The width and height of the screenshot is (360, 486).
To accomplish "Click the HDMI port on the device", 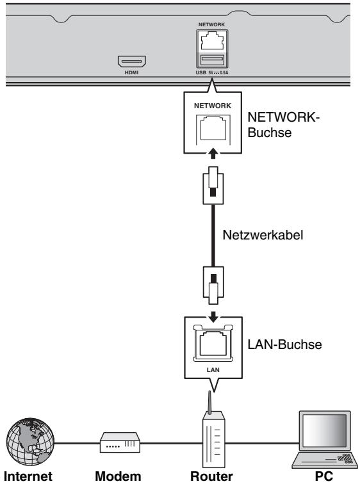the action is (131, 61).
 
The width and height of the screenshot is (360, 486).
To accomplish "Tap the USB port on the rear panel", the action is (213, 60).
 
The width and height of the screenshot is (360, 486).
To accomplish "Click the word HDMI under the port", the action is (131, 72).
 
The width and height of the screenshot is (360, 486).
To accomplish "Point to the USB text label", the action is (201, 72).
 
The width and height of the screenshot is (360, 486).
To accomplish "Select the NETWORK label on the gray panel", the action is (212, 24).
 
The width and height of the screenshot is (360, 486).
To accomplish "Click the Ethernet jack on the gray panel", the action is (213, 41).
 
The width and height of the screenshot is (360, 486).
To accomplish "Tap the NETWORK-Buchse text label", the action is (283, 125).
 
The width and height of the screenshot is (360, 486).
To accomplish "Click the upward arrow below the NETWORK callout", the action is (213, 154).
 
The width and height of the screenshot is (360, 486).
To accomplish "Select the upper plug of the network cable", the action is (213, 185).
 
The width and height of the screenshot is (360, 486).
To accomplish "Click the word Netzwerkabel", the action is (263, 235).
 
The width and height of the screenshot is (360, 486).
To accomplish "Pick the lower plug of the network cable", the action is (213, 285).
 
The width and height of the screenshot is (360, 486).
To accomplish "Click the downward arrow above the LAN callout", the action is (213, 317).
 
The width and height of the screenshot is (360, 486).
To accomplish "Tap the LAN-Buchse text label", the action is (284, 344).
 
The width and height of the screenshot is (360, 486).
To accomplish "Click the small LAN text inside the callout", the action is (213, 369).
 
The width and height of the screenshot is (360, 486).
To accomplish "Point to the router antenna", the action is (209, 402).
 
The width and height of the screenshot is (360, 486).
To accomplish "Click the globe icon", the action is (30, 442).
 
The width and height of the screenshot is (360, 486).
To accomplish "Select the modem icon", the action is (120, 442).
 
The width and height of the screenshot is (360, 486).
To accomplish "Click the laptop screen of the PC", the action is (325, 430).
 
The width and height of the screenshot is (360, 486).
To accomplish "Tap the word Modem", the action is (118, 476).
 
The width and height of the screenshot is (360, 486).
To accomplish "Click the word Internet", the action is (28, 476).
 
